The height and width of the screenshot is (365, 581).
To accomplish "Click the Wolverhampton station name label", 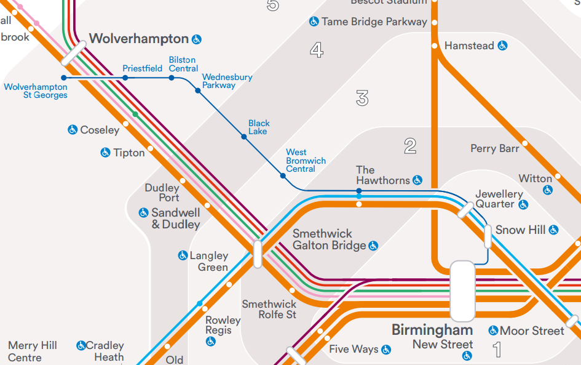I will (139, 39).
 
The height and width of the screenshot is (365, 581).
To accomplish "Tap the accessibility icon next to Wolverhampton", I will (197, 39).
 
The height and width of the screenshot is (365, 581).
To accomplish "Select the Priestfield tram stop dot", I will (125, 78).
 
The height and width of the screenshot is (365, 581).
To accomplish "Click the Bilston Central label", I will (183, 64).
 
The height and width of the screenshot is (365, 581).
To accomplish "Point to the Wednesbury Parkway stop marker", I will (198, 90).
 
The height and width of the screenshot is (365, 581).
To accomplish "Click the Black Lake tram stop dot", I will (244, 137).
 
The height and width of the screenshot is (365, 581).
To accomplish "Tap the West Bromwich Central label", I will (306, 161).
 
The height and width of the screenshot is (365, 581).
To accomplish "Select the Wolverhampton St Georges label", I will (36, 91).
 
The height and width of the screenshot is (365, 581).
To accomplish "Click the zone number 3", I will (362, 98).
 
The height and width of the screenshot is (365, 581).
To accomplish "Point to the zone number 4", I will (317, 50).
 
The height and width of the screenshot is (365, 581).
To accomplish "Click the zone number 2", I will (410, 146).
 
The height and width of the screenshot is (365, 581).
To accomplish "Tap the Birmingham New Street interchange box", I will (462, 291).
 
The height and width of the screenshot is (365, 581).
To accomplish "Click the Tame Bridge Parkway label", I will (374, 22).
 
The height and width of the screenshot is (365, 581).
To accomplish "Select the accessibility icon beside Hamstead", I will (502, 46).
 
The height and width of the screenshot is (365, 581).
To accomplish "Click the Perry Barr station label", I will (495, 148).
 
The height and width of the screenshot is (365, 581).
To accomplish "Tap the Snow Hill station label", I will (520, 230).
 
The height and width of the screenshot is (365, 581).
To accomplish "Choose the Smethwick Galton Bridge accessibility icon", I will (373, 246).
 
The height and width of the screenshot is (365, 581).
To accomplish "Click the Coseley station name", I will (100, 130).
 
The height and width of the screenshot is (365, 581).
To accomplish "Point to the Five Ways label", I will (354, 349).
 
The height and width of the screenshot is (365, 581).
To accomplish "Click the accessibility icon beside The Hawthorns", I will (417, 180).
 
